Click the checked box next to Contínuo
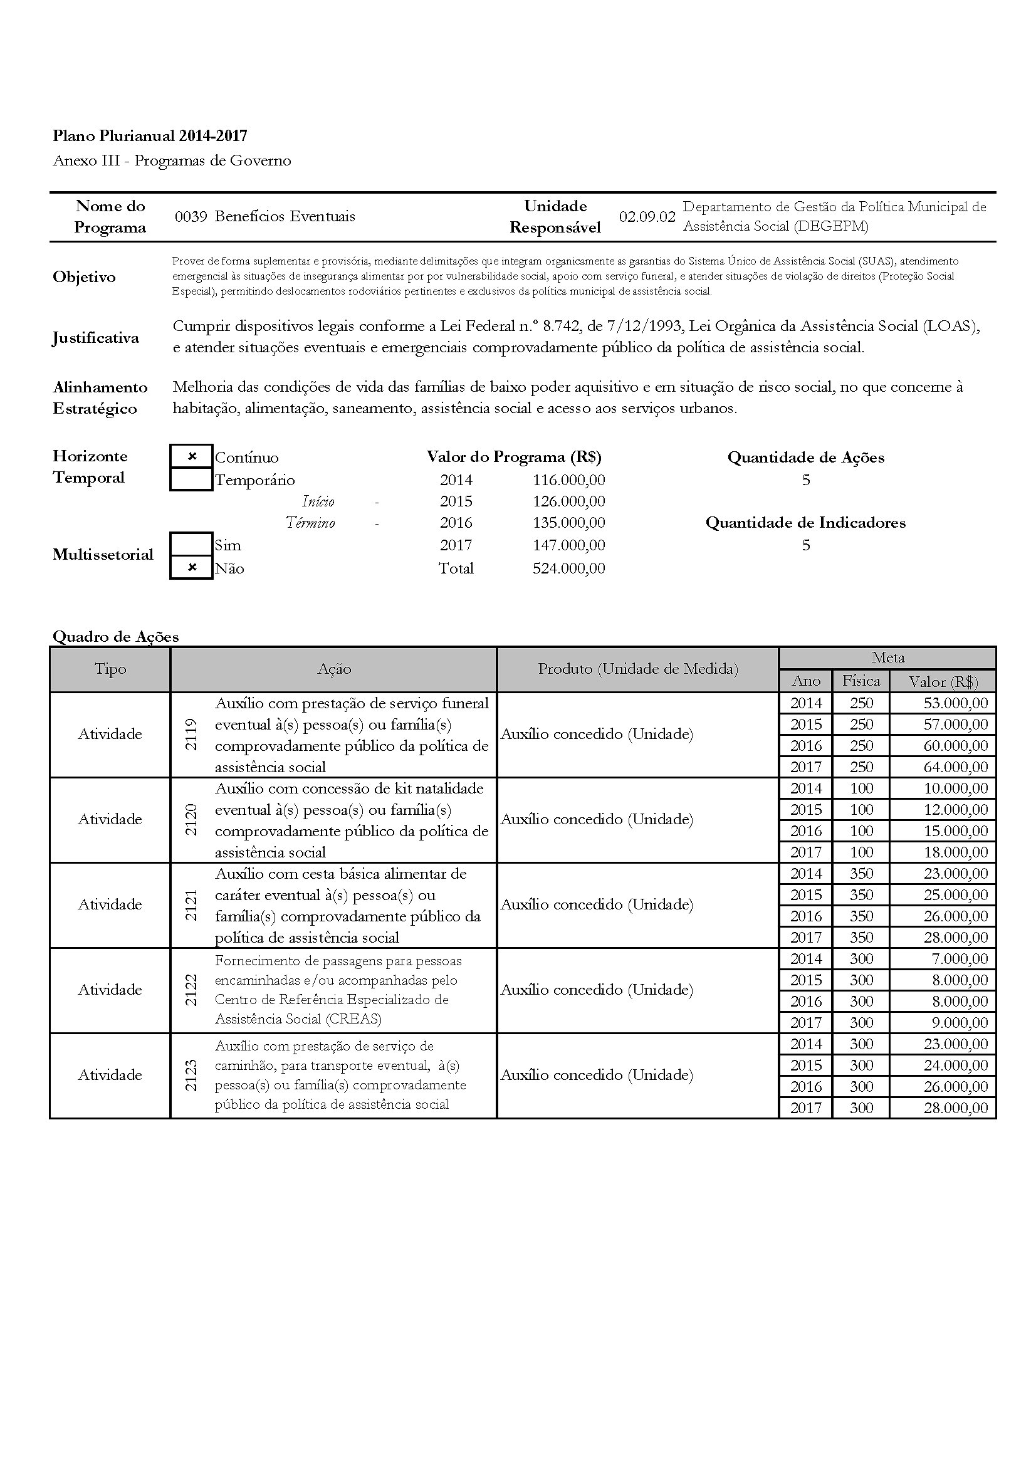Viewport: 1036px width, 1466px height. pyautogui.click(x=192, y=456)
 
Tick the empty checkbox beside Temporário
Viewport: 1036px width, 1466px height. pyautogui.click(x=192, y=479)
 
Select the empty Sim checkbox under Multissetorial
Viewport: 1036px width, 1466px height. pyautogui.click(x=192, y=545)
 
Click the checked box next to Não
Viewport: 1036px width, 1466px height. pyautogui.click(x=192, y=568)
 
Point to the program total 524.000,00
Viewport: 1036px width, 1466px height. pyautogui.click(x=568, y=568)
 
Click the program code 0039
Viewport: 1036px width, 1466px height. pyautogui.click(x=191, y=216)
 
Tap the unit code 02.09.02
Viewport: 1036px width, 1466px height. pyautogui.click(x=647, y=216)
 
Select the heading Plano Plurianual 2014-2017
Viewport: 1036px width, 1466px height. pyautogui.click(x=150, y=135)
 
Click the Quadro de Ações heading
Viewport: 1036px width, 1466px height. pyautogui.click(x=115, y=636)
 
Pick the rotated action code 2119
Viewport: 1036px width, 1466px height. pyautogui.click(x=191, y=735)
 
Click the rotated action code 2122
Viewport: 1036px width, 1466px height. pyautogui.click(x=191, y=990)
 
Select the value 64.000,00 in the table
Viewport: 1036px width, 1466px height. pyautogui.click(x=956, y=767)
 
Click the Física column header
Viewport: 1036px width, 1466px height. pyautogui.click(x=861, y=681)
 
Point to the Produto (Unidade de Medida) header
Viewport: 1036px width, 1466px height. pyautogui.click(x=637, y=669)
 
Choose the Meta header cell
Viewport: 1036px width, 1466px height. pyautogui.click(x=887, y=657)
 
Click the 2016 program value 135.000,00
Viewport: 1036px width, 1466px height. pyautogui.click(x=568, y=522)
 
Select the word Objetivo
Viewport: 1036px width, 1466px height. pyautogui.click(x=84, y=276)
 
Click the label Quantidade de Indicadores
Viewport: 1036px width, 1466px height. pyautogui.click(x=805, y=522)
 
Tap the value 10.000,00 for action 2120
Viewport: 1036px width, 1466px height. pyautogui.click(x=956, y=788)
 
